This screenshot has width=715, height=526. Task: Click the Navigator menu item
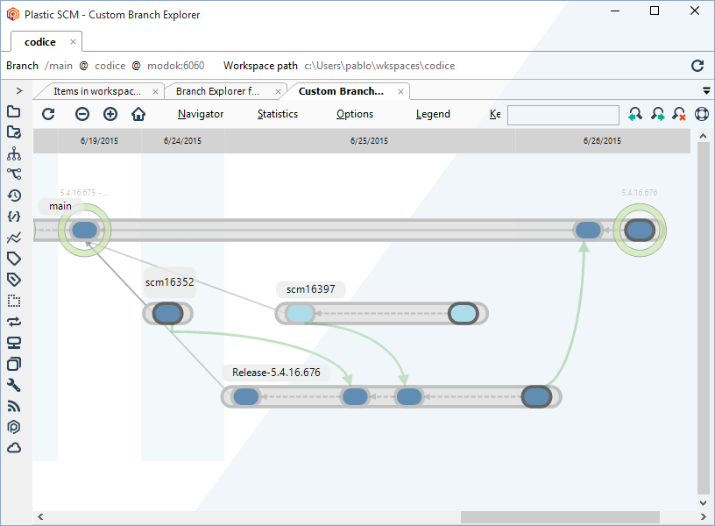click(x=200, y=114)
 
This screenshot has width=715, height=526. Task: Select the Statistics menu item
click(x=277, y=114)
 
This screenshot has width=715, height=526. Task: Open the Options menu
click(x=354, y=114)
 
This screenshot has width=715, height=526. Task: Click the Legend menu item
click(x=433, y=114)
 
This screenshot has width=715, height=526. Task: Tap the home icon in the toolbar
click(x=138, y=114)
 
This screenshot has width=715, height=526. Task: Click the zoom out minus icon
click(x=81, y=114)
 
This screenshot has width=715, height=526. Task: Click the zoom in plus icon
click(x=110, y=114)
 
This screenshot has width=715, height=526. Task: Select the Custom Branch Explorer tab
click(x=341, y=91)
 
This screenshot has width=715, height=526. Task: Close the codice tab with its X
click(x=74, y=42)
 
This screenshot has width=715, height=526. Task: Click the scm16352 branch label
click(x=169, y=282)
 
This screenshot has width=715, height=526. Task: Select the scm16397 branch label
click(x=310, y=289)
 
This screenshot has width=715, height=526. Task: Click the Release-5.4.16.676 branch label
click(x=276, y=373)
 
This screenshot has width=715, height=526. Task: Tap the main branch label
click(x=60, y=206)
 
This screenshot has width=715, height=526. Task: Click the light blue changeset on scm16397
click(x=300, y=314)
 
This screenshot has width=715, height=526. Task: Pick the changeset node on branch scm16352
click(x=166, y=314)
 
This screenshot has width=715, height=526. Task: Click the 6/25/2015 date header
click(x=369, y=141)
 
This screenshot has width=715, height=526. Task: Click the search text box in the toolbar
click(x=563, y=115)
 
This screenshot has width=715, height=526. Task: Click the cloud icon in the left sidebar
click(x=14, y=448)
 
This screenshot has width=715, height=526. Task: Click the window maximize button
click(x=655, y=11)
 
